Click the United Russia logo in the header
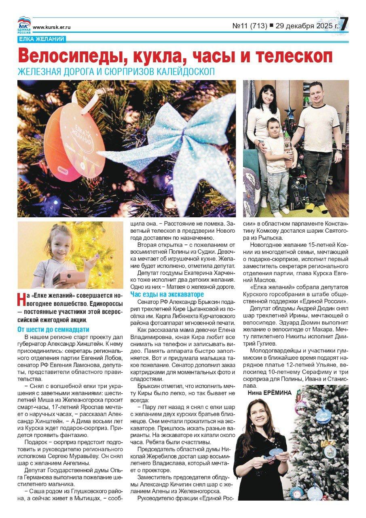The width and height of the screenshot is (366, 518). (x=24, y=25)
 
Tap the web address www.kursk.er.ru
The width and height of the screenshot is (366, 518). (x=52, y=27)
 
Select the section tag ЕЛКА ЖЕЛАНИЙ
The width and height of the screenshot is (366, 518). (x=41, y=39)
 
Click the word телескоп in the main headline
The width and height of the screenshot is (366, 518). (x=292, y=56)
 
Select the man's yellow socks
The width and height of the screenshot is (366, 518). (x=317, y=208)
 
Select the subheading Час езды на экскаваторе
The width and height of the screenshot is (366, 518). (x=167, y=294)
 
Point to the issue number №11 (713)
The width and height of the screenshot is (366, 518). (x=250, y=26)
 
